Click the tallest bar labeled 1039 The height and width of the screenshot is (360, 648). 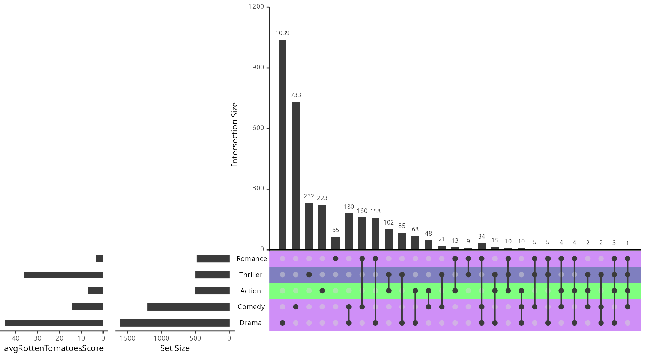click(282, 144)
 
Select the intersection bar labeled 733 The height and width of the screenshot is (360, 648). click(296, 175)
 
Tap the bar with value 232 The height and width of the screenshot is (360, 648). click(309, 226)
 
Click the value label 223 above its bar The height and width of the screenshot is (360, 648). click(322, 198)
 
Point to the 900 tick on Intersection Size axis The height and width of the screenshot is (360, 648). click(258, 67)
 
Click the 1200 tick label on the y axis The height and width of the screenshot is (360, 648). click(256, 6)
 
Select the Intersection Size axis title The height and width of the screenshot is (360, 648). click(235, 134)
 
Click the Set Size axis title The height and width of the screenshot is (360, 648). click(175, 348)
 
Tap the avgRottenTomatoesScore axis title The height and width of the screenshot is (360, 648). click(54, 348)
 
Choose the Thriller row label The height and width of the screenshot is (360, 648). click(251, 274)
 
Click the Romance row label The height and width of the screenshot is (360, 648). click(252, 258)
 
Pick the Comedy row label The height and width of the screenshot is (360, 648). click(251, 306)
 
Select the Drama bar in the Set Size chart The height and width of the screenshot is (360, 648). click(175, 323)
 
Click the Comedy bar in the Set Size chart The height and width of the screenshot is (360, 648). click(188, 307)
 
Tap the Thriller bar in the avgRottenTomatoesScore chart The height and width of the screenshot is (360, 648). click(64, 274)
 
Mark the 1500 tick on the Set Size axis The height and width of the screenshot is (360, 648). click(127, 338)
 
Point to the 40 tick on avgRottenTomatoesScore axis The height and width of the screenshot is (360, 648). click(16, 338)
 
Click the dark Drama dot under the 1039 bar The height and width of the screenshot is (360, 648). click(282, 323)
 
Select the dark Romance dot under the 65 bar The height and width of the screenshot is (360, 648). click(336, 258)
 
